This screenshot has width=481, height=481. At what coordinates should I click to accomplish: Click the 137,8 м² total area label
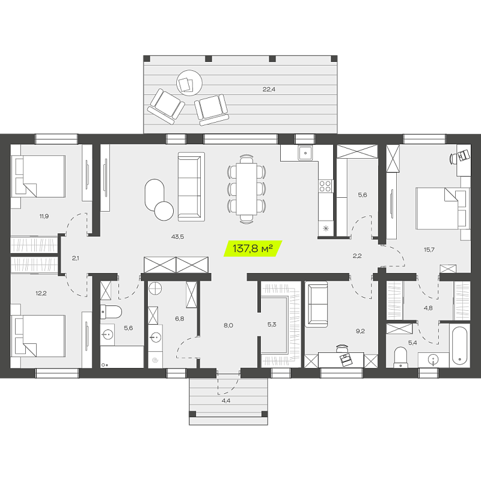click(x=253, y=248)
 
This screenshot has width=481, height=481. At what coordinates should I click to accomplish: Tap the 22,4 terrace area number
click(x=269, y=89)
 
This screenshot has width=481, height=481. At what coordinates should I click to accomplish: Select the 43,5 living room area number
click(x=177, y=236)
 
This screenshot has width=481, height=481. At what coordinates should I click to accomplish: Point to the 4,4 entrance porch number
click(x=226, y=400)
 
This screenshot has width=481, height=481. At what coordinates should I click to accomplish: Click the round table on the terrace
click(x=189, y=83)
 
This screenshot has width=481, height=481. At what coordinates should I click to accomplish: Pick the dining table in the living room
click(x=247, y=189)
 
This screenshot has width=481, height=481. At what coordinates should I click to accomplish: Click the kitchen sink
click(x=305, y=153)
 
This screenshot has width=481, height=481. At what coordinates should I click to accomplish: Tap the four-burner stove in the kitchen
click(x=325, y=186)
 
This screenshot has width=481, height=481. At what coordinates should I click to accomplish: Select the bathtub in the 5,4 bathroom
click(x=459, y=345)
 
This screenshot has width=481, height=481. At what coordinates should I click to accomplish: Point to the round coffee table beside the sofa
click(x=164, y=211)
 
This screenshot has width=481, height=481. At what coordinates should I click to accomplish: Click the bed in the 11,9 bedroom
click(x=38, y=176)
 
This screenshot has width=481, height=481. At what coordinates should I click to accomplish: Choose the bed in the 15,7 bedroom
click(x=443, y=209)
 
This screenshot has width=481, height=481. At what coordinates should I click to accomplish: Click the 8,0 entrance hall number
click(x=228, y=325)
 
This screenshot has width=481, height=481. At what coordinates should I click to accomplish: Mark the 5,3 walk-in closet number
click(x=272, y=324)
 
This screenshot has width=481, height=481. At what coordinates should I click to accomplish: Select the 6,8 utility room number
click(x=179, y=319)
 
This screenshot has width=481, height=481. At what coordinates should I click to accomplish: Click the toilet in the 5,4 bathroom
click(x=400, y=357)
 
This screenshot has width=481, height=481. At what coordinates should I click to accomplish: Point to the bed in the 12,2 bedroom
click(x=38, y=335)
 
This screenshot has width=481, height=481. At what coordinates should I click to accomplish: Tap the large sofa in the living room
click(x=191, y=186)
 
